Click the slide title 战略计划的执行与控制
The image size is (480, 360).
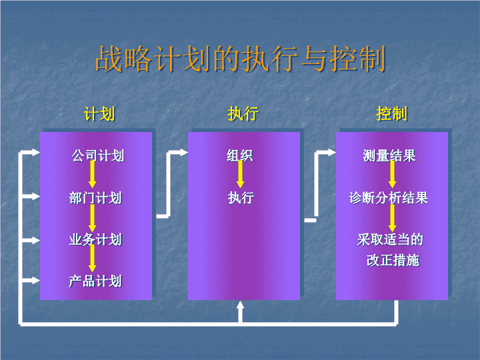tap(240, 59)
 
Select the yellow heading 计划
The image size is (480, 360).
tap(99, 114)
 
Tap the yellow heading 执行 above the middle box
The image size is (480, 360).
tap(243, 114)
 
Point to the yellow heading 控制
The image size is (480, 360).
tap(392, 114)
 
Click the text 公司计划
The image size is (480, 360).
tap(98, 155)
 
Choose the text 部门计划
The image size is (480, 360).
tap(95, 198)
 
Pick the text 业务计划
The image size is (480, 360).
tap(95, 239)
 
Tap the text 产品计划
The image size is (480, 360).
tap(95, 281)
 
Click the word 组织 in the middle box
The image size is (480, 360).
tap(240, 155)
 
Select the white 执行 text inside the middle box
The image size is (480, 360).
tap(241, 198)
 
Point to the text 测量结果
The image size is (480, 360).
tap(389, 155)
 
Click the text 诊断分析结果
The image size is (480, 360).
tap(389, 198)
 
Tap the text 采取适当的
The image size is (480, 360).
tap(390, 239)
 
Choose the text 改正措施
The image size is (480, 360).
tap(393, 260)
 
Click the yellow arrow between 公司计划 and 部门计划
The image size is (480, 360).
tap(93, 175)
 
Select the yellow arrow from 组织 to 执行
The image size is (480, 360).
tap(240, 175)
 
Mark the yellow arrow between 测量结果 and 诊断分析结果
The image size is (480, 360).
tap(393, 175)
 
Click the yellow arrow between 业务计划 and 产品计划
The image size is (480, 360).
tap(93, 259)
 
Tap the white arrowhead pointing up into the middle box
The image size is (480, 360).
tap(241, 305)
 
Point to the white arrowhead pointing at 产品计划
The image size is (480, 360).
tap(35, 281)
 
